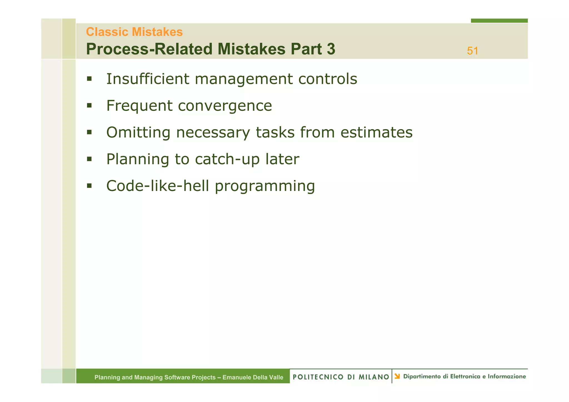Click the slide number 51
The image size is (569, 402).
[x=472, y=51]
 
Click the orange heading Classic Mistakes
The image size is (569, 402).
[x=134, y=32]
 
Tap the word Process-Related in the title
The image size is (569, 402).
[x=149, y=49]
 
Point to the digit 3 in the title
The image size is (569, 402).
[x=331, y=49]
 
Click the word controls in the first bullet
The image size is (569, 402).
[x=328, y=79]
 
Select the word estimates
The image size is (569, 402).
[x=376, y=132]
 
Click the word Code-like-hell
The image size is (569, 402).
[x=158, y=186]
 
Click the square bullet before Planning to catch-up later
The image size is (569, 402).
[x=89, y=159]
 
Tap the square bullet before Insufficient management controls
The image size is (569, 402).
[x=89, y=79]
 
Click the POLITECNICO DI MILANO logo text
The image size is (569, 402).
[x=341, y=377]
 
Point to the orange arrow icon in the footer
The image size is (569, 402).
[x=397, y=376]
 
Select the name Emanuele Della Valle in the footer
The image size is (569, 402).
[x=253, y=377]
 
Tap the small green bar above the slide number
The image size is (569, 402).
[x=499, y=21]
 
